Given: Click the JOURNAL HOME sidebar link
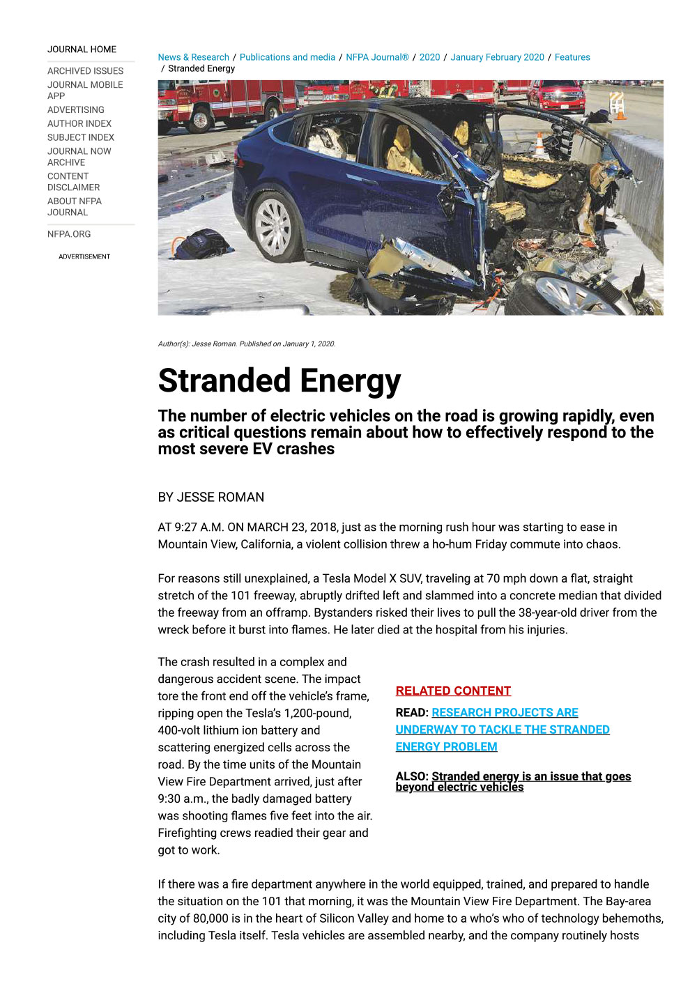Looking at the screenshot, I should click(82, 49).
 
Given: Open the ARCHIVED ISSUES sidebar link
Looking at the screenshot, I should click(85, 71).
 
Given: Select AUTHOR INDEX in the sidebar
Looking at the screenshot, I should click(79, 123).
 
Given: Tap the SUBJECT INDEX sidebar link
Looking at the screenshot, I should click(80, 137).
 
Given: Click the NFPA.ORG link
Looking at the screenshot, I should click(69, 234).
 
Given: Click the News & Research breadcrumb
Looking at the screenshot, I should click(193, 57).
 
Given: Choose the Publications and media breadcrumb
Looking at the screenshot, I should click(287, 57).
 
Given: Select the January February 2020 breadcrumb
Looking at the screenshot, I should click(497, 57).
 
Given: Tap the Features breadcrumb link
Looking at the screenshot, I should click(572, 57).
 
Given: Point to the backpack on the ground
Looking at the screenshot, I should click(201, 244).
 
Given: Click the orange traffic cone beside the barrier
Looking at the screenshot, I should click(539, 146).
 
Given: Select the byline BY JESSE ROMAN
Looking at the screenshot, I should click(210, 498).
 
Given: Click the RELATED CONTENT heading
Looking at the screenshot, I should click(453, 691).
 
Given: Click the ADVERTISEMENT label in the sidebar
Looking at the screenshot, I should click(84, 257).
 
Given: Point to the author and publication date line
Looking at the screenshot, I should click(247, 344).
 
